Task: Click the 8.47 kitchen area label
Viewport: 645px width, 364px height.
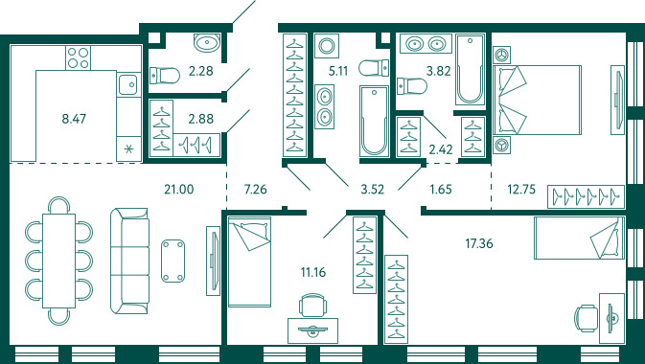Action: [x=74, y=120]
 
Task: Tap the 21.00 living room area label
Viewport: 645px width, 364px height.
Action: [x=178, y=190]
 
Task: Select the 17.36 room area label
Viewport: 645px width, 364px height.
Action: [x=479, y=244]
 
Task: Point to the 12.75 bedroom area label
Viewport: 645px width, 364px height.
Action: [x=521, y=190]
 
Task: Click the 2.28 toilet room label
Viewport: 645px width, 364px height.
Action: [x=201, y=71]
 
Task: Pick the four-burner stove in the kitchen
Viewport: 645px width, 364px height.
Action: [x=79, y=57]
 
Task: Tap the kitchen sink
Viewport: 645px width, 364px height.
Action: [x=128, y=84]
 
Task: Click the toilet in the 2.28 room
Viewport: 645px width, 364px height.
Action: [x=165, y=76]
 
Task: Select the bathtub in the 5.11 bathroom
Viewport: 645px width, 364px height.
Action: [x=374, y=121]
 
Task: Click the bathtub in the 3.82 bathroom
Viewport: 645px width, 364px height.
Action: [x=471, y=70]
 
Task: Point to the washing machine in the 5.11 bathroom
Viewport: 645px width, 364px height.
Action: [x=327, y=46]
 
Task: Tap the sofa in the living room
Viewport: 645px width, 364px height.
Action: [x=129, y=261]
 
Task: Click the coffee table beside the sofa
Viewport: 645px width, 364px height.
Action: [x=173, y=261]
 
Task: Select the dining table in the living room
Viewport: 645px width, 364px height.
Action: [x=58, y=261]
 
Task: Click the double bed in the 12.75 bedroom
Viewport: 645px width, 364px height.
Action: [x=538, y=100]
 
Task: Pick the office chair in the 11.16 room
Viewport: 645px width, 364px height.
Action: [x=312, y=305]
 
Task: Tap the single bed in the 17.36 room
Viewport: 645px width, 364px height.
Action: [x=579, y=238]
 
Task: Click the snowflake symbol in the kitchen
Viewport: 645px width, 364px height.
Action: [x=128, y=148]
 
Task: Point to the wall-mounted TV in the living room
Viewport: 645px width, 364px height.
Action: [x=214, y=261]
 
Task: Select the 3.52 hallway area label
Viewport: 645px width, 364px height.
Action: [x=372, y=190]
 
